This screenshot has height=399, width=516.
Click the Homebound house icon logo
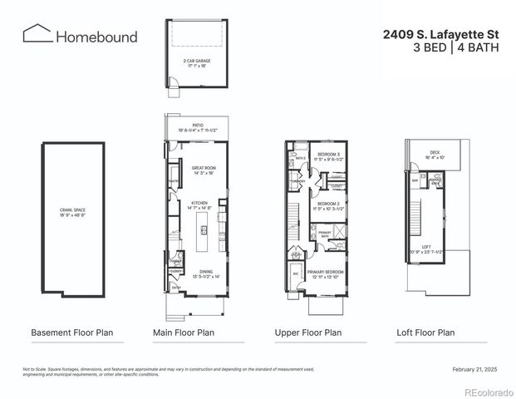[x=36, y=34]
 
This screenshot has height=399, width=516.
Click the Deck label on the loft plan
[x=436, y=154]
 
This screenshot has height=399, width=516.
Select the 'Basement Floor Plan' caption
[x=71, y=332]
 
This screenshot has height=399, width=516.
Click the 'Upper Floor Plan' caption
[x=307, y=332]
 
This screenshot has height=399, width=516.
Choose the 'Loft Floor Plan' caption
[x=425, y=332]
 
